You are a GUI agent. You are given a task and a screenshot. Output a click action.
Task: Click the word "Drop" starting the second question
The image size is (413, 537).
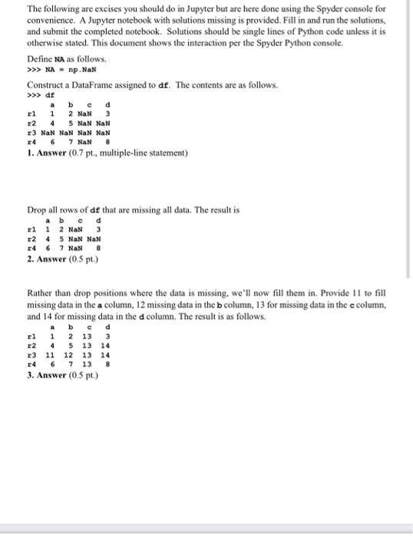(36, 209)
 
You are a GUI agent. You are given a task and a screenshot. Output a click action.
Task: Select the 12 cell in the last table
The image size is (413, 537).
(68, 355)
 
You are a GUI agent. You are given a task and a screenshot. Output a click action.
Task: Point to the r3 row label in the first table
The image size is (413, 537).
(32, 132)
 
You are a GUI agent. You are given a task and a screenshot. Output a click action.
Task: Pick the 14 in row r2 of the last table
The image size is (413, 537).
(105, 345)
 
